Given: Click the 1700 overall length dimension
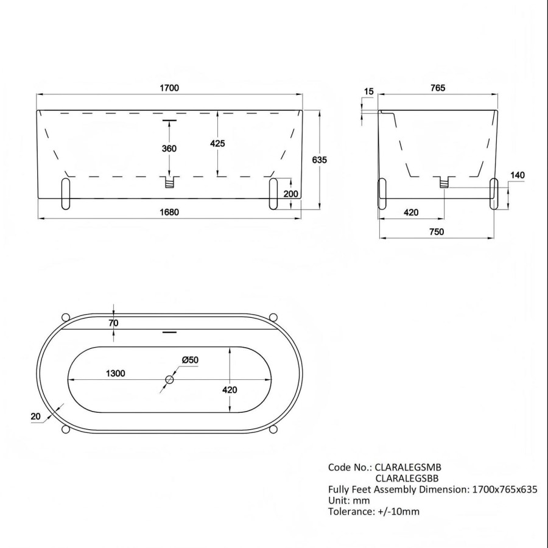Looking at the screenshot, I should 170,88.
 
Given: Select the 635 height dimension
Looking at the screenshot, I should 320,160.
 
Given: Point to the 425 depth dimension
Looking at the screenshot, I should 217,144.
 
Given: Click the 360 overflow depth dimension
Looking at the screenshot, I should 170,149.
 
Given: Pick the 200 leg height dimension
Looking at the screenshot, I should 291,194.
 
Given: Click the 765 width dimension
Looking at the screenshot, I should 437,88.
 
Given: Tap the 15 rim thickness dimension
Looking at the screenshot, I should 368,92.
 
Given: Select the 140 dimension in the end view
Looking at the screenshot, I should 517,175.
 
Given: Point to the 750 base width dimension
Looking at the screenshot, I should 436,231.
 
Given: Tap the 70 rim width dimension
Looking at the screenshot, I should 113,323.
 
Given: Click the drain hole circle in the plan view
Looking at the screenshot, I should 169,380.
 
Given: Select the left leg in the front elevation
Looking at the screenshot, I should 66,194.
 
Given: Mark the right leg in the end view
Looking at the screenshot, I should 494,194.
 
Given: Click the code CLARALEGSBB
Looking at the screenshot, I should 407,478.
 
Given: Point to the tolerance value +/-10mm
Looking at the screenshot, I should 396,511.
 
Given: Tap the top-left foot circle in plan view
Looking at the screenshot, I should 66,317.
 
